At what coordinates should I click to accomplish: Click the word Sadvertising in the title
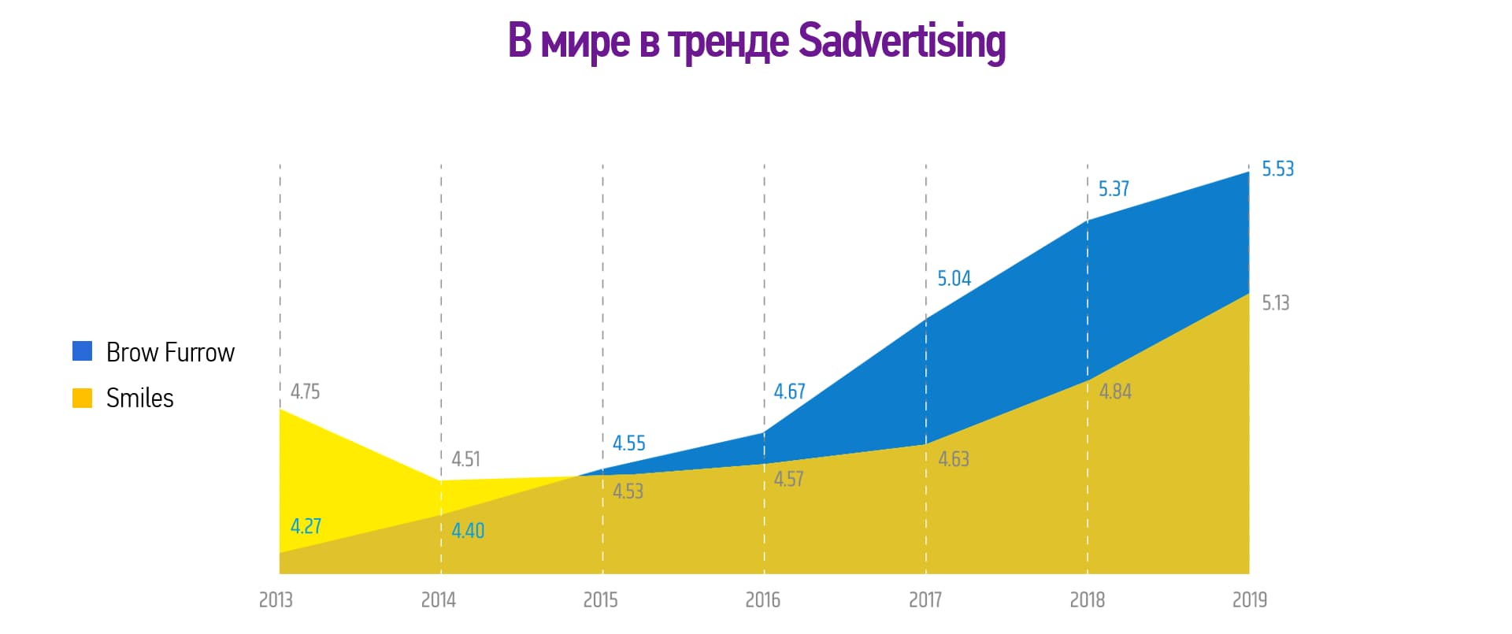pos(902,41)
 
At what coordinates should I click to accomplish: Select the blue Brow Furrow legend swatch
pos(82,351)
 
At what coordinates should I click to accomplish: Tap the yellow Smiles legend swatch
pos(82,398)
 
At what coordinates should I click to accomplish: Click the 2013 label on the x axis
pos(276,600)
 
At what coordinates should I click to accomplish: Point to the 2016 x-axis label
pos(762,600)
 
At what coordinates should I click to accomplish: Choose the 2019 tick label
pos(1249,600)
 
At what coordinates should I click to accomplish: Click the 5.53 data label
pos(1277,169)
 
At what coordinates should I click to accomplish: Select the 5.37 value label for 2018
pos(1114,189)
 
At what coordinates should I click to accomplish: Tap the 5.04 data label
pos(954,279)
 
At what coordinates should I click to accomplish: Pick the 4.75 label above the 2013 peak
pos(305,391)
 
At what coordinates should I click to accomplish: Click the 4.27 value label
pos(306,526)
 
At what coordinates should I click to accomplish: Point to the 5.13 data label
pos(1276,303)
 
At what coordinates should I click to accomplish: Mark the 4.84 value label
pos(1115,391)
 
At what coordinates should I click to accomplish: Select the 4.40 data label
pos(468,531)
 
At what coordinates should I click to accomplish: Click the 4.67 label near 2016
pos(789,391)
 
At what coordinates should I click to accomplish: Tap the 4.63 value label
pos(953,459)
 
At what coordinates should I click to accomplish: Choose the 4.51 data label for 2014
pos(465,459)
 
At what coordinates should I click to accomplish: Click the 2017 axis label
pos(925,600)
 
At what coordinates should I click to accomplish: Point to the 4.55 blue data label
pos(628,443)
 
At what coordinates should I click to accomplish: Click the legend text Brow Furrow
pos(170,352)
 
